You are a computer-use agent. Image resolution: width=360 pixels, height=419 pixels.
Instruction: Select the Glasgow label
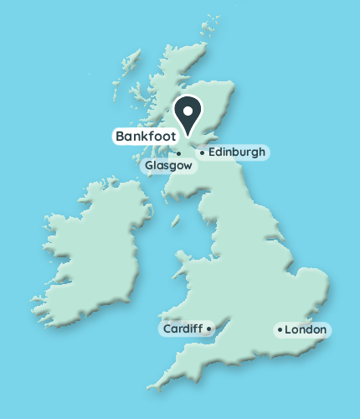click(170, 166)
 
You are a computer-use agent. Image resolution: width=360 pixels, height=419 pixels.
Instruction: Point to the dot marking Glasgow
click(178, 153)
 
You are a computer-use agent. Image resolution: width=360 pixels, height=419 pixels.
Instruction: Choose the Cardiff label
click(183, 329)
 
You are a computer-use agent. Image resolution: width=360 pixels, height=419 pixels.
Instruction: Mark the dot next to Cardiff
click(208, 329)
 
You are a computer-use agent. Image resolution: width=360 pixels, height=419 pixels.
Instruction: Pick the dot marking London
click(279, 330)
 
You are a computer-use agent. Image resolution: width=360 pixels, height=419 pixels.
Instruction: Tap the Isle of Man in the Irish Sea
click(177, 222)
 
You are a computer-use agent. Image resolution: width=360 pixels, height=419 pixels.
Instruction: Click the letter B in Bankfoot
click(120, 135)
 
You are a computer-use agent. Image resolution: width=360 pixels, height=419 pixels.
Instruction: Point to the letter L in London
click(288, 330)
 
